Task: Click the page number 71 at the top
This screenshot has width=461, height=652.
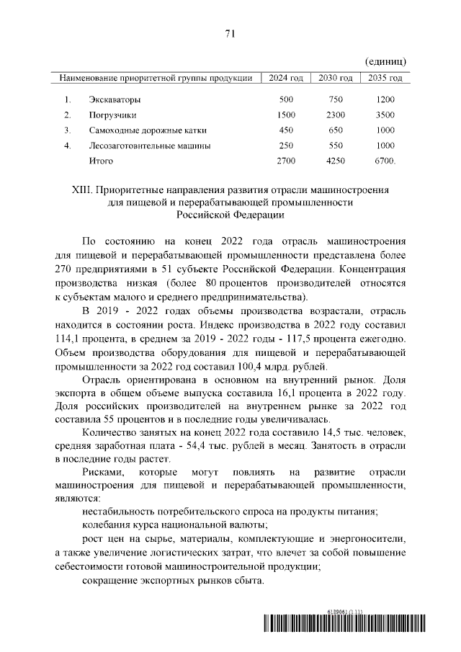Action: tap(230, 34)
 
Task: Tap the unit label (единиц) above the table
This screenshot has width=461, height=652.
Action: tap(386, 62)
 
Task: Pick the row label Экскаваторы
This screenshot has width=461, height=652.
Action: tap(115, 99)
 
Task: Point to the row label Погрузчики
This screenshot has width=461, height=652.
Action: tap(112, 115)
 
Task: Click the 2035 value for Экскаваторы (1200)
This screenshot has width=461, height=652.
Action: tap(386, 99)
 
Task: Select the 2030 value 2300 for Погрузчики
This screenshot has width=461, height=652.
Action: tap(336, 115)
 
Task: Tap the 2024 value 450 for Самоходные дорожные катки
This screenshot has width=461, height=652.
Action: tap(286, 130)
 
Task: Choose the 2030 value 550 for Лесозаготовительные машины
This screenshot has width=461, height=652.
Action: tap(336, 146)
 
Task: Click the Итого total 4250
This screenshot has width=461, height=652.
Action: tap(336, 161)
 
